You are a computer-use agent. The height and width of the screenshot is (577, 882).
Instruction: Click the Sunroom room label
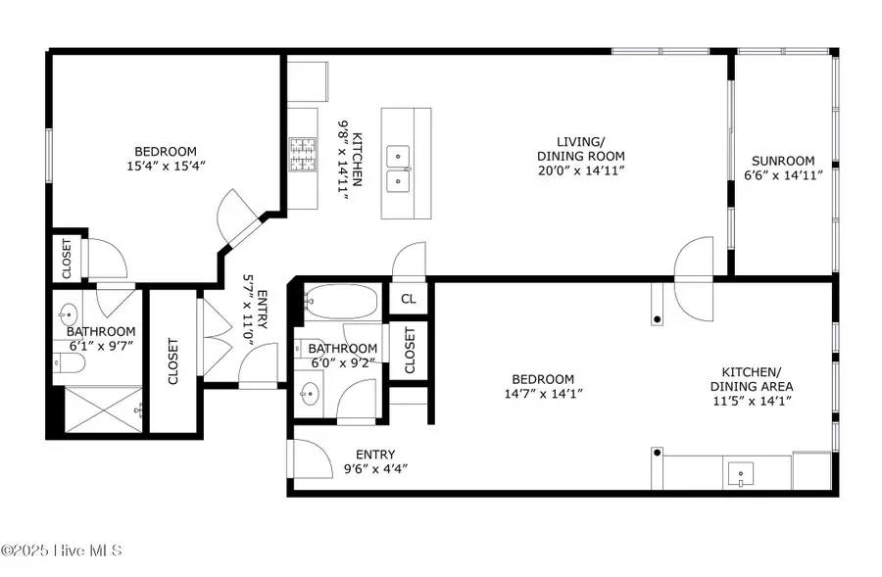(x=783, y=162)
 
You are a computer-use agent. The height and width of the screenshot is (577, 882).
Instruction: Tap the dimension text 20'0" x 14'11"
(x=580, y=170)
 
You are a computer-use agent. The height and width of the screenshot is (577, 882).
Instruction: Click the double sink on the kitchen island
(x=398, y=168)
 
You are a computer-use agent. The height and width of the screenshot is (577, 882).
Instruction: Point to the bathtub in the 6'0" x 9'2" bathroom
(x=339, y=301)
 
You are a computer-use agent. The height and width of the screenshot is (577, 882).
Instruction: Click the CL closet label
(x=409, y=299)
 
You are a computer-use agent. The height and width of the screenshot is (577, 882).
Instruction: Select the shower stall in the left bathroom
(x=97, y=409)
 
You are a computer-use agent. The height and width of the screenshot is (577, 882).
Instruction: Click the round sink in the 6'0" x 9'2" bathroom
(x=312, y=396)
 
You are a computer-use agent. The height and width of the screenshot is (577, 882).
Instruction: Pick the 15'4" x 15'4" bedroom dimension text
(x=166, y=167)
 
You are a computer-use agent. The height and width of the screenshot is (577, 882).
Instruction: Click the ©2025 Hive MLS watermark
(x=61, y=551)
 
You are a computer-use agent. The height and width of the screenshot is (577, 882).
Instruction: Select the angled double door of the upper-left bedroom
(x=237, y=217)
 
